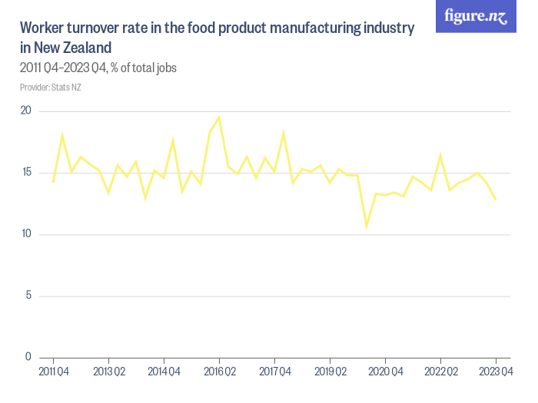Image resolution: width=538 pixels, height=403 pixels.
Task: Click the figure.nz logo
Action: pos(477,17)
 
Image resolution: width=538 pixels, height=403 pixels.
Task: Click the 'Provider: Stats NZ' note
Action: pos(51,87)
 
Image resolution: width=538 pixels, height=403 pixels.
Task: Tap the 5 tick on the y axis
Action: pos(28,296)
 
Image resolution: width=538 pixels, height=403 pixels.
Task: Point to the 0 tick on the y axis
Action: pos(28,357)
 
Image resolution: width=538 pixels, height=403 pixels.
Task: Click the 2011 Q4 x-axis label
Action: pos(54,372)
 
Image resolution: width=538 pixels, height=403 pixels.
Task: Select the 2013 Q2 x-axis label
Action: pos(109,372)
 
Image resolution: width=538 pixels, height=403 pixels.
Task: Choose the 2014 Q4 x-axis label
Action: pos(164,372)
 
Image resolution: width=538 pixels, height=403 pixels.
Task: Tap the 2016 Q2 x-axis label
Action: pos(220,372)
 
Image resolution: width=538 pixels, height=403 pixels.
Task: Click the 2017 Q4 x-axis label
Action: pos(274,372)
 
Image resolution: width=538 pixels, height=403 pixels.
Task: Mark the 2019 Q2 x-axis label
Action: pos(330,372)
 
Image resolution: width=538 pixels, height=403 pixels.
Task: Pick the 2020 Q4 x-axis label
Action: pos(385,372)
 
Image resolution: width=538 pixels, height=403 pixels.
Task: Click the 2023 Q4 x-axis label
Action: pos(496,372)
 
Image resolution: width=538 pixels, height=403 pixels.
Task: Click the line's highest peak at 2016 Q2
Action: pos(219,117)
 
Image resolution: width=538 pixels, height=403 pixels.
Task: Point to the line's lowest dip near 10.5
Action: pos(367,227)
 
